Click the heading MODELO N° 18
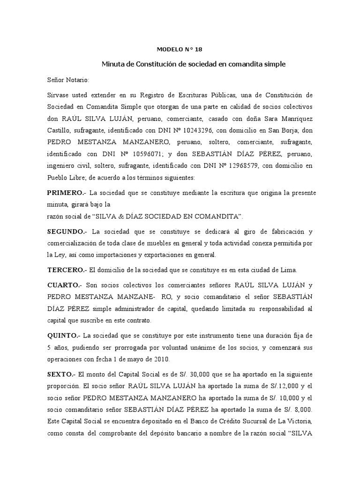tap(180, 49)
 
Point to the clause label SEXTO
tap(61, 375)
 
